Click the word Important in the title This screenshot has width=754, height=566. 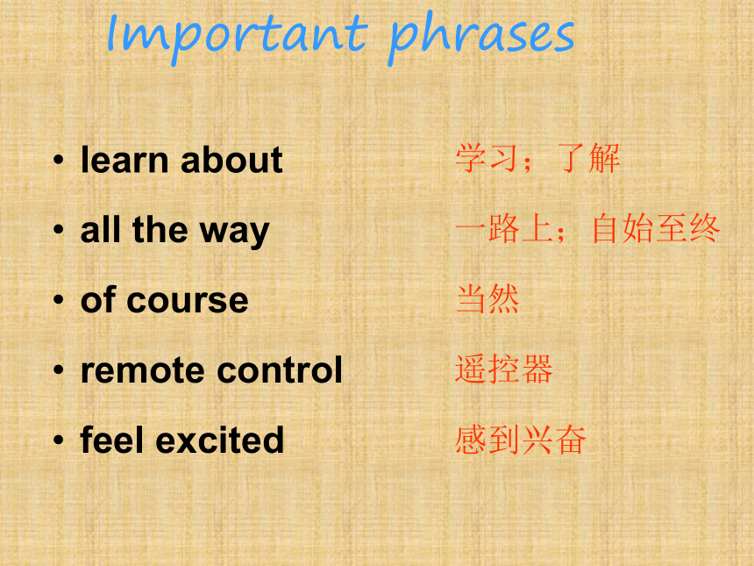point(237,33)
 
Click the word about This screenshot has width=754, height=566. point(231,160)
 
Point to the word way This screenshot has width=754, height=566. point(234,233)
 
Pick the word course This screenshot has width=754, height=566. point(188,301)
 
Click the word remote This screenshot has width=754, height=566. point(144,371)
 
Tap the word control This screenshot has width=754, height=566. point(280,370)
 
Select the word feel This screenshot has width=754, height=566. point(112,440)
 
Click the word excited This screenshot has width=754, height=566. point(220,440)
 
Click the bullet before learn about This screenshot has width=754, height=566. point(58,160)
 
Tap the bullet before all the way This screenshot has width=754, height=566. point(58,230)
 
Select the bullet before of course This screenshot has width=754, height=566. point(58,300)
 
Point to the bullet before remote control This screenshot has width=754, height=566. point(58,370)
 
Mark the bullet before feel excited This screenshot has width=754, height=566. point(58,440)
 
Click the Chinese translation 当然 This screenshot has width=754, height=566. point(487,299)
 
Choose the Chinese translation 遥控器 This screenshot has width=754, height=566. point(504,369)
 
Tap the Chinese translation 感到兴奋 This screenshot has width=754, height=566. point(520,440)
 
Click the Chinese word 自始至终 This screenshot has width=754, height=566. point(656,229)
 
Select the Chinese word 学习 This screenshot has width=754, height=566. point(487,158)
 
